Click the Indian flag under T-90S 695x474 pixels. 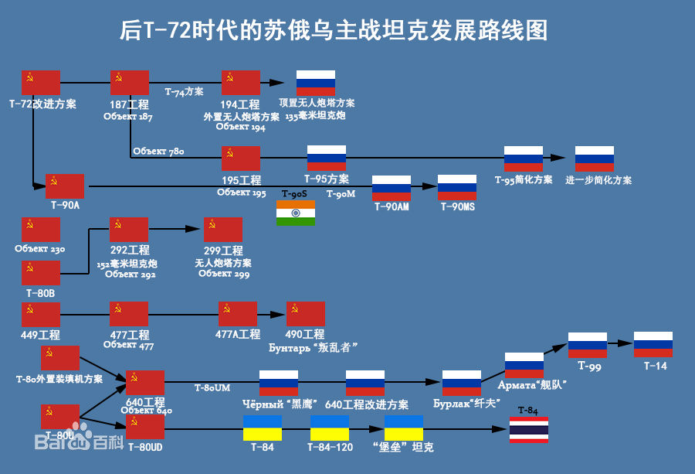[296, 213]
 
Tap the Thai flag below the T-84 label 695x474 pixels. [528, 430]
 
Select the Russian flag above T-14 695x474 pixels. [653, 344]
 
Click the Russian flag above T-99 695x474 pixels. [588, 344]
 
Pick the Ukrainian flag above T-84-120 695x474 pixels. [330, 428]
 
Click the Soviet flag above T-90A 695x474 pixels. [65, 186]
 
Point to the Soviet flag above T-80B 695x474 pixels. [41, 273]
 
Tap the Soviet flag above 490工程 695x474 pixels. [306, 314]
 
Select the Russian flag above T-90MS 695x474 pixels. [457, 188]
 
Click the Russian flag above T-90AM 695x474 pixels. [392, 188]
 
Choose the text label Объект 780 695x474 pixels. [158, 152]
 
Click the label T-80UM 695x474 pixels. [212, 387]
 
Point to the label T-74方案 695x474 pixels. [184, 91]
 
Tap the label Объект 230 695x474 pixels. [40, 249]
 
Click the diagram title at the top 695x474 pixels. [334, 31]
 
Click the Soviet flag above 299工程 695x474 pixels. [223, 230]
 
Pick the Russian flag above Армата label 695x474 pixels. [524, 365]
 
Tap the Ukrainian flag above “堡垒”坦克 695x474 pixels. [404, 428]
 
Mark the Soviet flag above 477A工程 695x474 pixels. [238, 314]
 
